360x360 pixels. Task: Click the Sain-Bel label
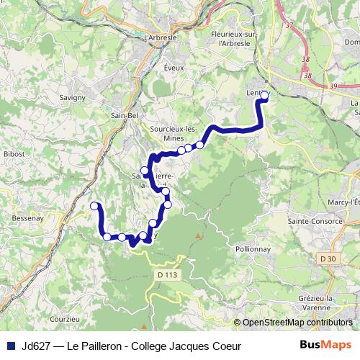(125, 114)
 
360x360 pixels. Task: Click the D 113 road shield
(165, 274)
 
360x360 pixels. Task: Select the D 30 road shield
(328, 258)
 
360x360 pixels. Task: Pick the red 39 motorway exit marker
(332, 86)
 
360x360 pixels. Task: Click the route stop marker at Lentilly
(264, 95)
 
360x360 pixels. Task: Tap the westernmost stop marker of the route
(94, 207)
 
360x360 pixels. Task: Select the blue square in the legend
(11, 346)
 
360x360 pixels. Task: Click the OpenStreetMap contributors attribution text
(297, 323)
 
